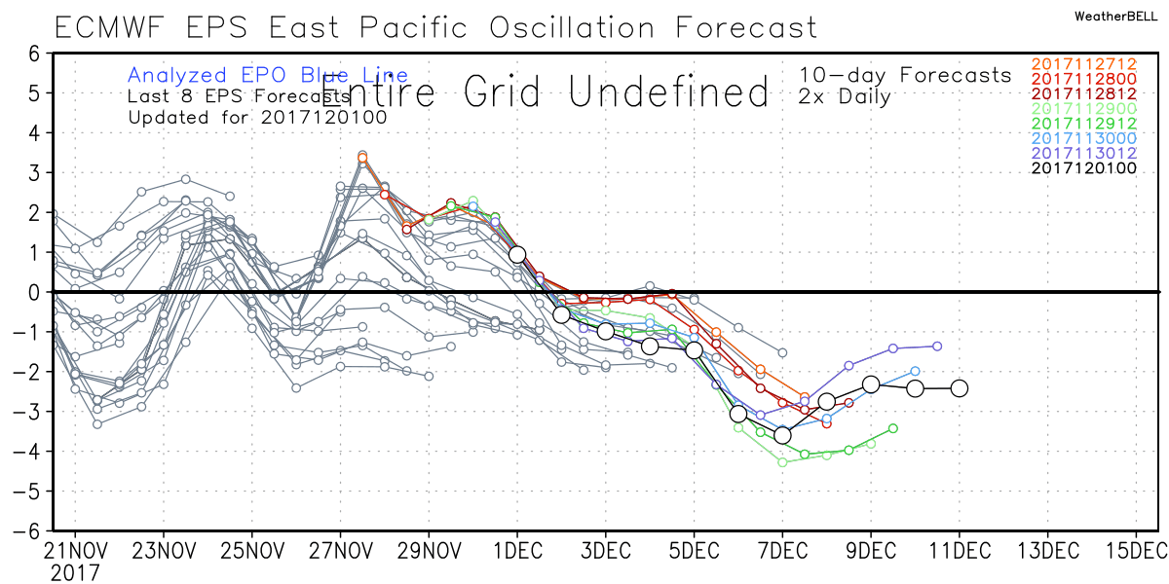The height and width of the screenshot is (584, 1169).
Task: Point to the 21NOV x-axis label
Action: pos(74,550)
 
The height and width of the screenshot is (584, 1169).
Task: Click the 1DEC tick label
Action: pos(516,550)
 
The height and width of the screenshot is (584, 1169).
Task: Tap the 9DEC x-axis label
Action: pos(870,550)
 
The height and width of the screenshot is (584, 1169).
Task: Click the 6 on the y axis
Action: pos(33,54)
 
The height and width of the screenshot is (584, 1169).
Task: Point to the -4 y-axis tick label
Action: pos(27,451)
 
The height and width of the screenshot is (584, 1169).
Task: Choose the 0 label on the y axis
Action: pos(33,292)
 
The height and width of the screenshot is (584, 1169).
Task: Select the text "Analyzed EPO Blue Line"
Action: pos(268,75)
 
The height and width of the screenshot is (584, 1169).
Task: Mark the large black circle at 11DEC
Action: pos(960,387)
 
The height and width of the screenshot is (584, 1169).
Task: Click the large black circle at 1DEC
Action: pos(517,254)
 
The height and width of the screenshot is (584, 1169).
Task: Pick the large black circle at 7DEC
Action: pos(782,435)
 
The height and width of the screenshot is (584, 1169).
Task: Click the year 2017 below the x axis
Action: pos(74,572)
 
